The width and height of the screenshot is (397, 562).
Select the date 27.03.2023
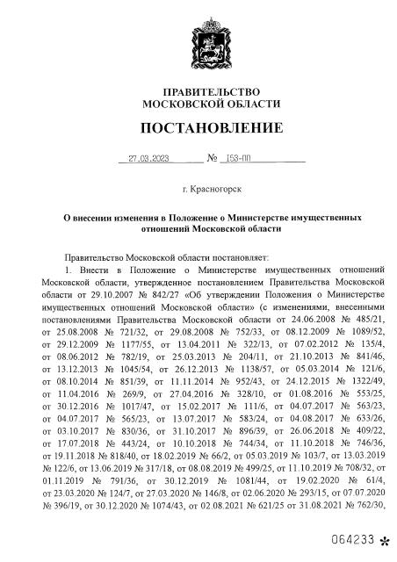[x=148, y=160]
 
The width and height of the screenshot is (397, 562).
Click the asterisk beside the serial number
[x=383, y=540]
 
